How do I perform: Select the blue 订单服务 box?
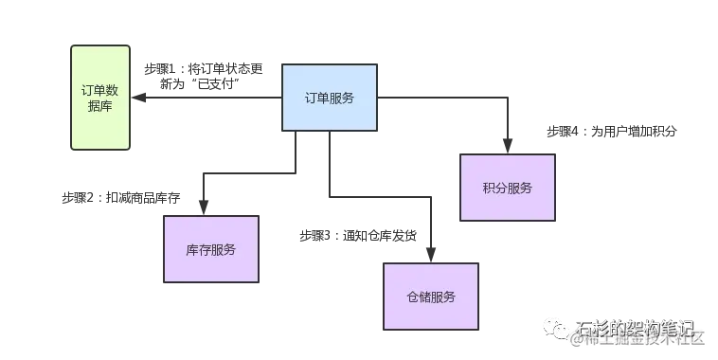point(329,98)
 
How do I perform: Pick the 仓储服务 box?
point(430,297)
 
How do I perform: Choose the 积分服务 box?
point(507,187)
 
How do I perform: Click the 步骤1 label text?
point(204,76)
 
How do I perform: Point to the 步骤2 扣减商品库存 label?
point(121,197)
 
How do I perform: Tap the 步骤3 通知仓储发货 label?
point(354,233)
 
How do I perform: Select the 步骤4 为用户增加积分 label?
point(612,130)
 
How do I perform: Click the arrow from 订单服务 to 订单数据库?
point(208,99)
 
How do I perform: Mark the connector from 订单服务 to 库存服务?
point(246,171)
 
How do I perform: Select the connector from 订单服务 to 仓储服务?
point(379,200)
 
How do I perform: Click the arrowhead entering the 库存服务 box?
point(203,209)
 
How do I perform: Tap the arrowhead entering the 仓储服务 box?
point(430,256)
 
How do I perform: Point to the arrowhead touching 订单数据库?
point(138,99)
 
